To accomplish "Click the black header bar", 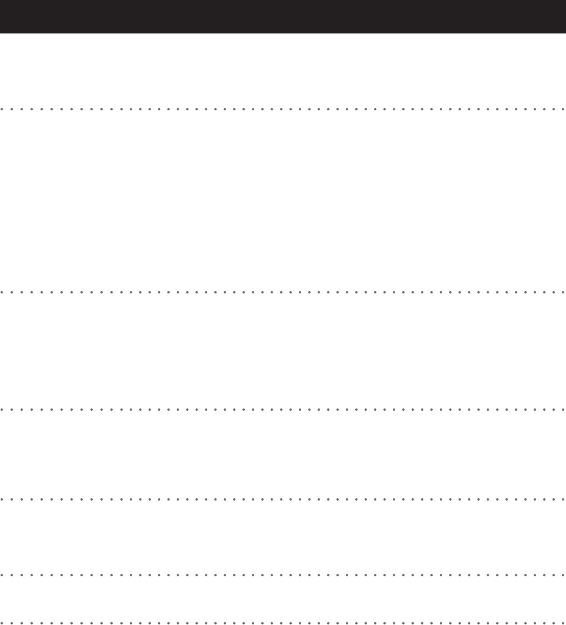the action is tap(283, 16).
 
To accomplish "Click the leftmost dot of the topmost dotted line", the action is tap(2, 109).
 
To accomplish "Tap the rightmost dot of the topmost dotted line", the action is tap(563, 109).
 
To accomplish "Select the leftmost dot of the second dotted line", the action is tap(2, 292).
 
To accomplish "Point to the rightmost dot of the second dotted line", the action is tap(563, 292).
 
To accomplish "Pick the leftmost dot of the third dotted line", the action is tap(2, 409).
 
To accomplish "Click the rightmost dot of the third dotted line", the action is tap(563, 409).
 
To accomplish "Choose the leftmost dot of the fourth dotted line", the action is tap(2, 500).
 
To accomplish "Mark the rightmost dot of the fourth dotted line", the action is tap(563, 500).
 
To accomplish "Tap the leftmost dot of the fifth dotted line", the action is tap(2, 575).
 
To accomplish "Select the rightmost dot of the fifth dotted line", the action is tap(563, 575).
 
